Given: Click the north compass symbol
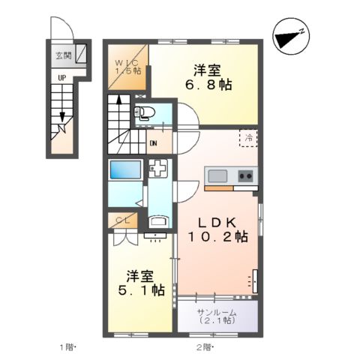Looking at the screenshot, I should click(288, 36).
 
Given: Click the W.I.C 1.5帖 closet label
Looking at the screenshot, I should click(126, 66).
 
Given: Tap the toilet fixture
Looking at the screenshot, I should click(145, 114).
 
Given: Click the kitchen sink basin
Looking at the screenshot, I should click(218, 176).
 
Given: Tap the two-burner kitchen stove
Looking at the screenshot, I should click(245, 176).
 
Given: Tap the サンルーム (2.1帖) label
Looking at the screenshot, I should click(217, 316).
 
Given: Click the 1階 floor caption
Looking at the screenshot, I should click(68, 346).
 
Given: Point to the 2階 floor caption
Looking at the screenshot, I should click(205, 346).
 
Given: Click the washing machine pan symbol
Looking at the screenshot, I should click(159, 169).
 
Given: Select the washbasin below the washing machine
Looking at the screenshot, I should click(157, 223).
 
